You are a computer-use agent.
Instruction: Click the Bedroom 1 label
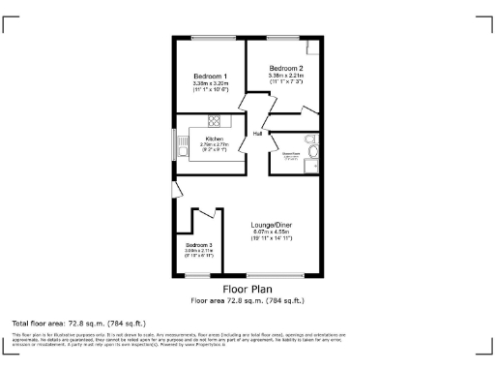coord(210,77)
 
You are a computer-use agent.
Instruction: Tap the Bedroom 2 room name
coord(287,68)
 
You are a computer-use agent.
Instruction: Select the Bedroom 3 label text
coord(198,245)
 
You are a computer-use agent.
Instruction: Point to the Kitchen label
coord(214,139)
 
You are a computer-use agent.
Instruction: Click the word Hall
coord(258,133)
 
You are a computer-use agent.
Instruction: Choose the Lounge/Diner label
coord(272,225)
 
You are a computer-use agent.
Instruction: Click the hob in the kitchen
coord(214,120)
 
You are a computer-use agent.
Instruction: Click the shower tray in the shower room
coord(311,166)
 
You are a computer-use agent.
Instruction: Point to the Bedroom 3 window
coord(197,275)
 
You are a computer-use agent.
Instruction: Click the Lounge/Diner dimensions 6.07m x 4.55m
coord(272,232)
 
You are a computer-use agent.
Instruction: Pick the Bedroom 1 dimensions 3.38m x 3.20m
coord(210,83)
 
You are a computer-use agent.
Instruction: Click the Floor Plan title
coord(247,289)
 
